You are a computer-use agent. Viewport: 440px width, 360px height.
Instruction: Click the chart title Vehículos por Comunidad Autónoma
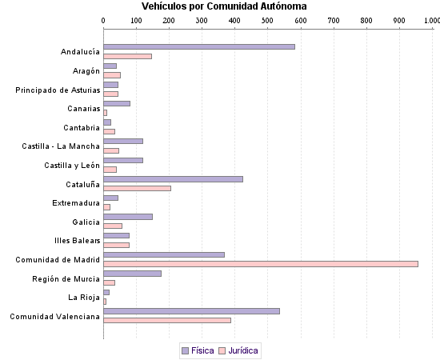(223, 6)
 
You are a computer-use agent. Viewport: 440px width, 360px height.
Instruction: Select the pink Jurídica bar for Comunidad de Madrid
(261, 263)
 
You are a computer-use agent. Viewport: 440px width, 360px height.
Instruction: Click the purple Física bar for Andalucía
(199, 46)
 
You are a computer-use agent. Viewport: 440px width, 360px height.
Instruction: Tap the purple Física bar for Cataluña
(173, 178)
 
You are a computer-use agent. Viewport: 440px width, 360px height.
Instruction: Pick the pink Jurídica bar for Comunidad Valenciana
(167, 320)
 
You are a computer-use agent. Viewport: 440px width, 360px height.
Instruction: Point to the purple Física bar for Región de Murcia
(132, 273)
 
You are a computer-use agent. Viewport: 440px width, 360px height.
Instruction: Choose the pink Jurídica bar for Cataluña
(137, 188)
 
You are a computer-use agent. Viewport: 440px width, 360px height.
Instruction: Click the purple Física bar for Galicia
(128, 216)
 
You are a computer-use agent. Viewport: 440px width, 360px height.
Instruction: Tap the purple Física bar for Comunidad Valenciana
(191, 310)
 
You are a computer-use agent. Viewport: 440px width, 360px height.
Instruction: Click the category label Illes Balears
(78, 240)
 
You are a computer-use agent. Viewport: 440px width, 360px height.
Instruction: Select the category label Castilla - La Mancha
(61, 146)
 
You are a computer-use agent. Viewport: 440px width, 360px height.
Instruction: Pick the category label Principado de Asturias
(58, 90)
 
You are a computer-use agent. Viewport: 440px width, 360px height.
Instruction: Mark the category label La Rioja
(84, 297)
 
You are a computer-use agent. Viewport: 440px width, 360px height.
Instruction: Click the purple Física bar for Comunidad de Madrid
(164, 254)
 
